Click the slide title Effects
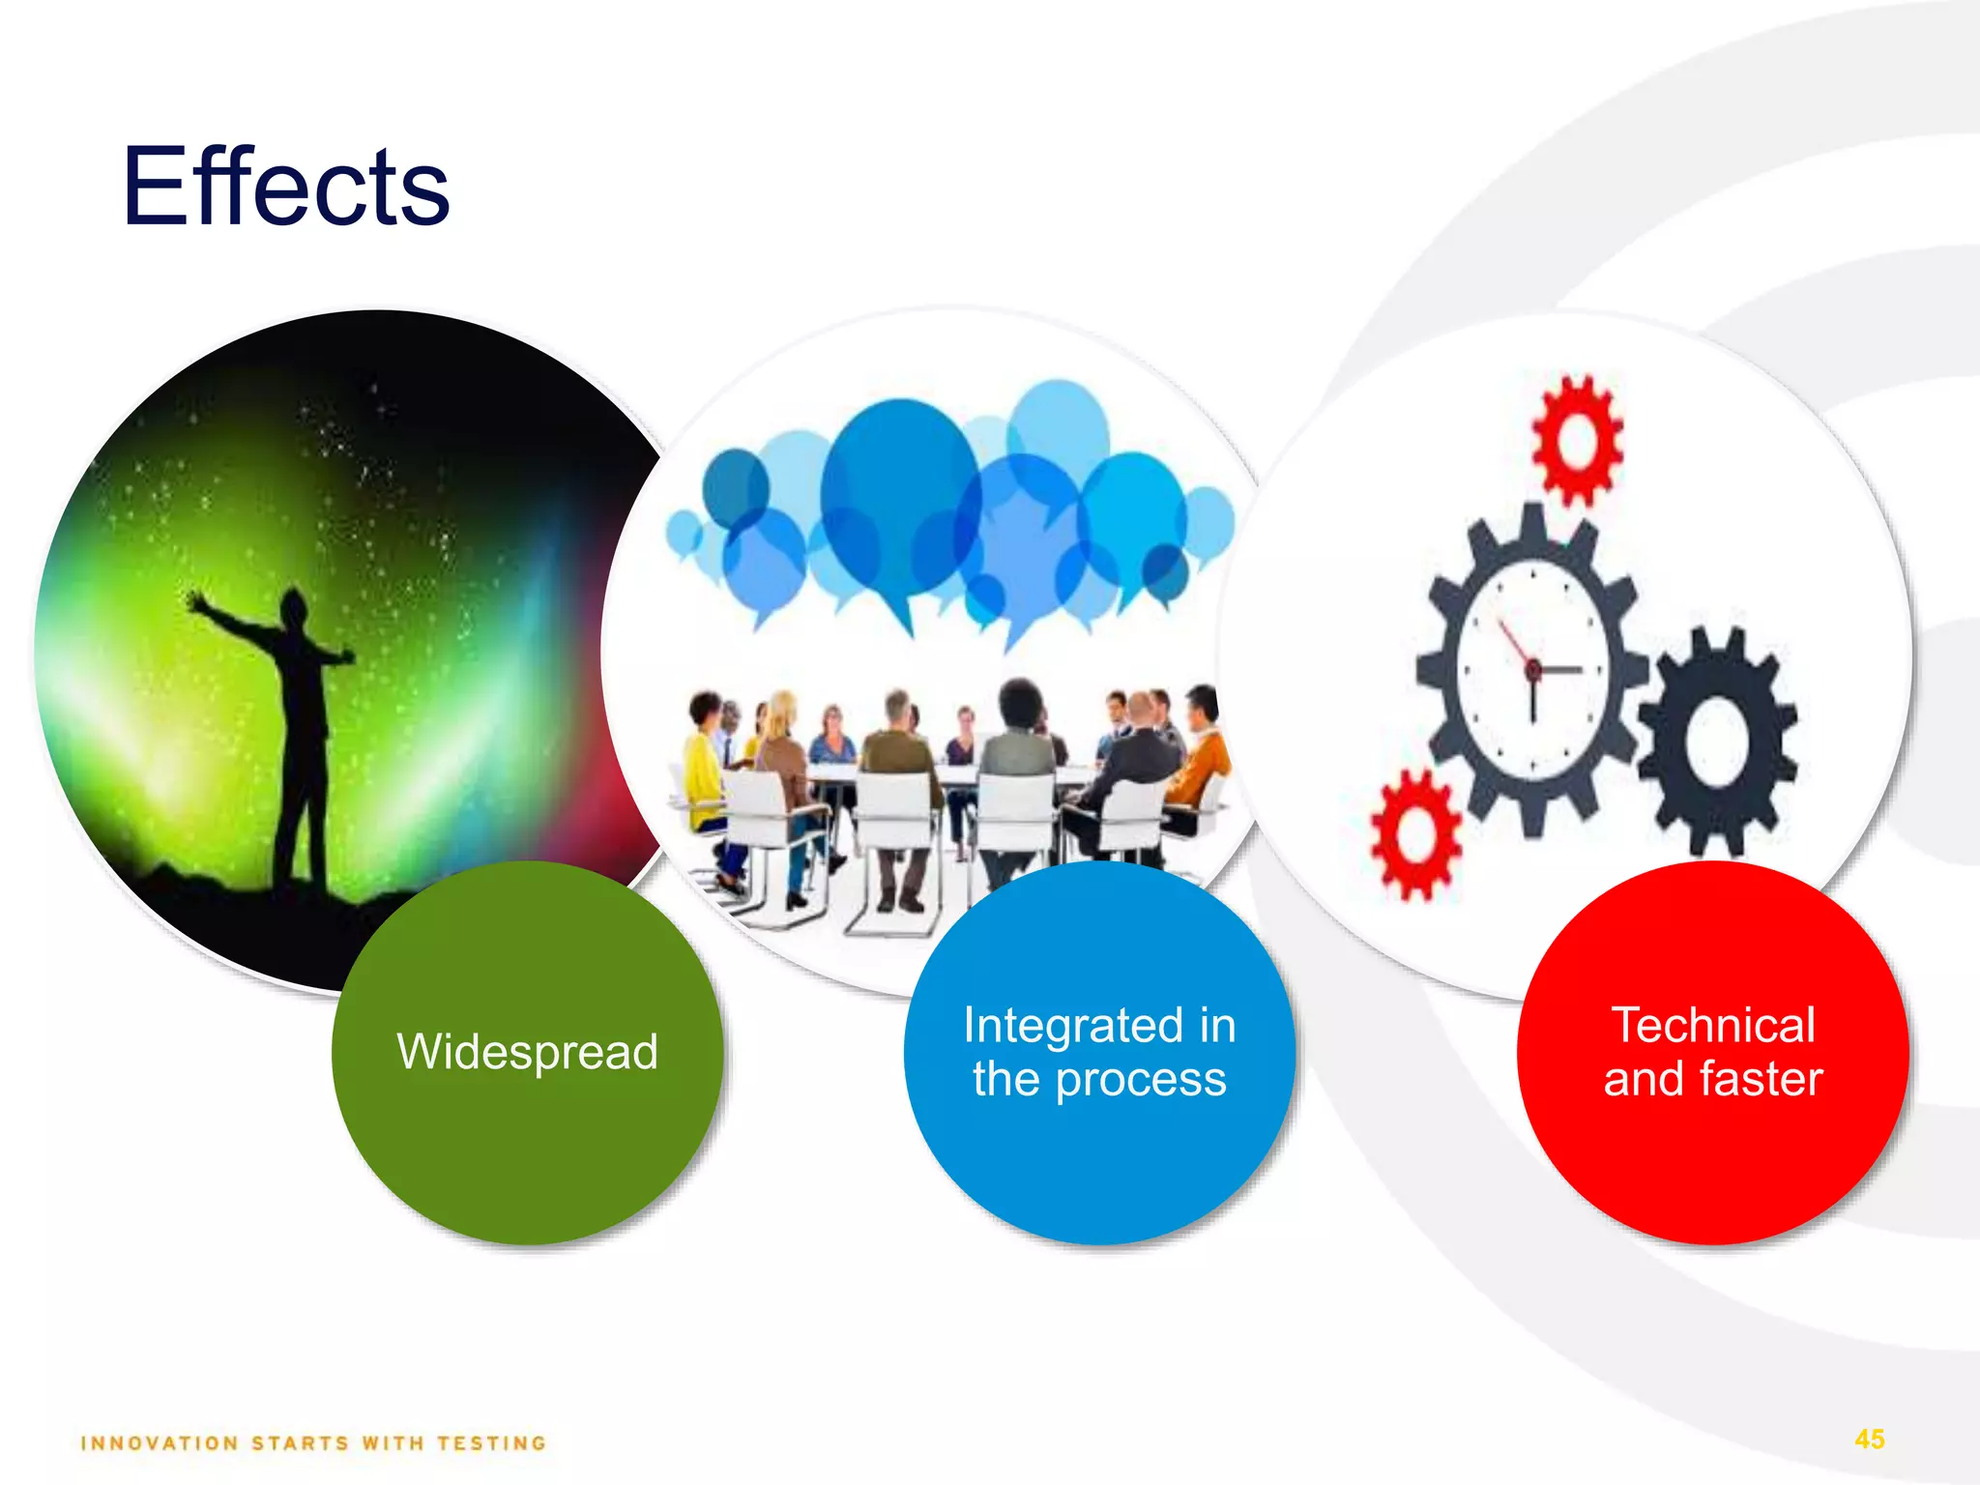(x=286, y=187)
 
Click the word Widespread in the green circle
(x=527, y=1052)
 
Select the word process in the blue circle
(x=1141, y=1080)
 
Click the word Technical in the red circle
(x=1713, y=1025)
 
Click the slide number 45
(x=1870, y=1439)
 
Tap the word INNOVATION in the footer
(x=160, y=1443)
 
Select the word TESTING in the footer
(x=491, y=1443)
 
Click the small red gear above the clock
(x=1577, y=441)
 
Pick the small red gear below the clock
(x=1415, y=835)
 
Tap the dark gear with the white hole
(x=1717, y=742)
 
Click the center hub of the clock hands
(x=1533, y=669)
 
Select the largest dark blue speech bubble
(x=899, y=498)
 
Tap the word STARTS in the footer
(x=300, y=1443)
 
